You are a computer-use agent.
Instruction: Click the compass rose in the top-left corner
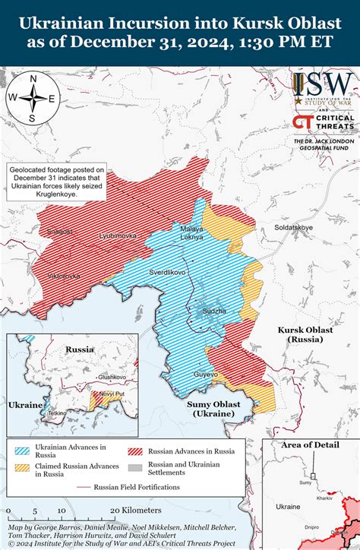pyautogui.click(x=33, y=97)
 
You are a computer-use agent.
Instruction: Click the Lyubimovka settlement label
pyautogui.click(x=118, y=236)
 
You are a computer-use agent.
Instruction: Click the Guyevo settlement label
pyautogui.click(x=206, y=375)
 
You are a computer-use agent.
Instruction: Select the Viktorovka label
pyautogui.click(x=64, y=276)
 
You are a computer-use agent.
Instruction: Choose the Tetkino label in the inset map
pyautogui.click(x=58, y=412)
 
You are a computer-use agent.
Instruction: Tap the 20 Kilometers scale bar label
pyautogui.click(x=135, y=510)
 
